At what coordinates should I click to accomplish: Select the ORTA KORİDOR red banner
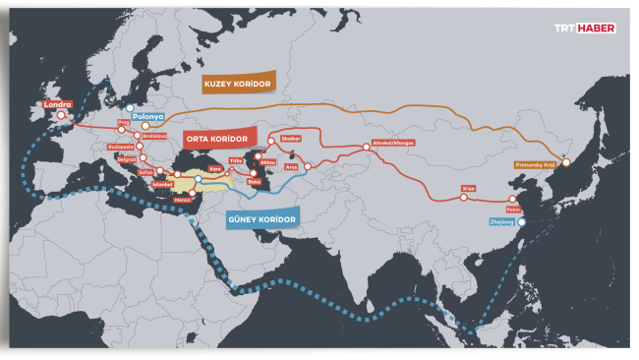[217, 138]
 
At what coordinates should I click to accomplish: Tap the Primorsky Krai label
[535, 166]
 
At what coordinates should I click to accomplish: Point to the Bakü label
[255, 182]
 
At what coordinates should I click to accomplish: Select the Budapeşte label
[124, 149]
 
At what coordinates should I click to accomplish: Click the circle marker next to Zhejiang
[522, 222]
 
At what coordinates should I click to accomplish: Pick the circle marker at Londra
[61, 115]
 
